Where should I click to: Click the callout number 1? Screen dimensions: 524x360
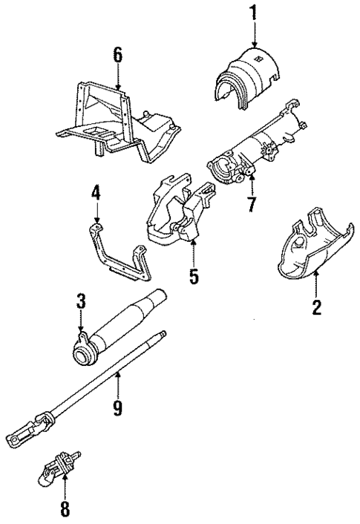(x=254, y=12)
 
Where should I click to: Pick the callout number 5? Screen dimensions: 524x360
(x=193, y=277)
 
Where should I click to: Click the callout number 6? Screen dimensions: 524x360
(x=117, y=55)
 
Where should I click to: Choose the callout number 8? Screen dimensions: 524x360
(x=65, y=510)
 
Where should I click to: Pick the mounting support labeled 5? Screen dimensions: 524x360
(x=178, y=215)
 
